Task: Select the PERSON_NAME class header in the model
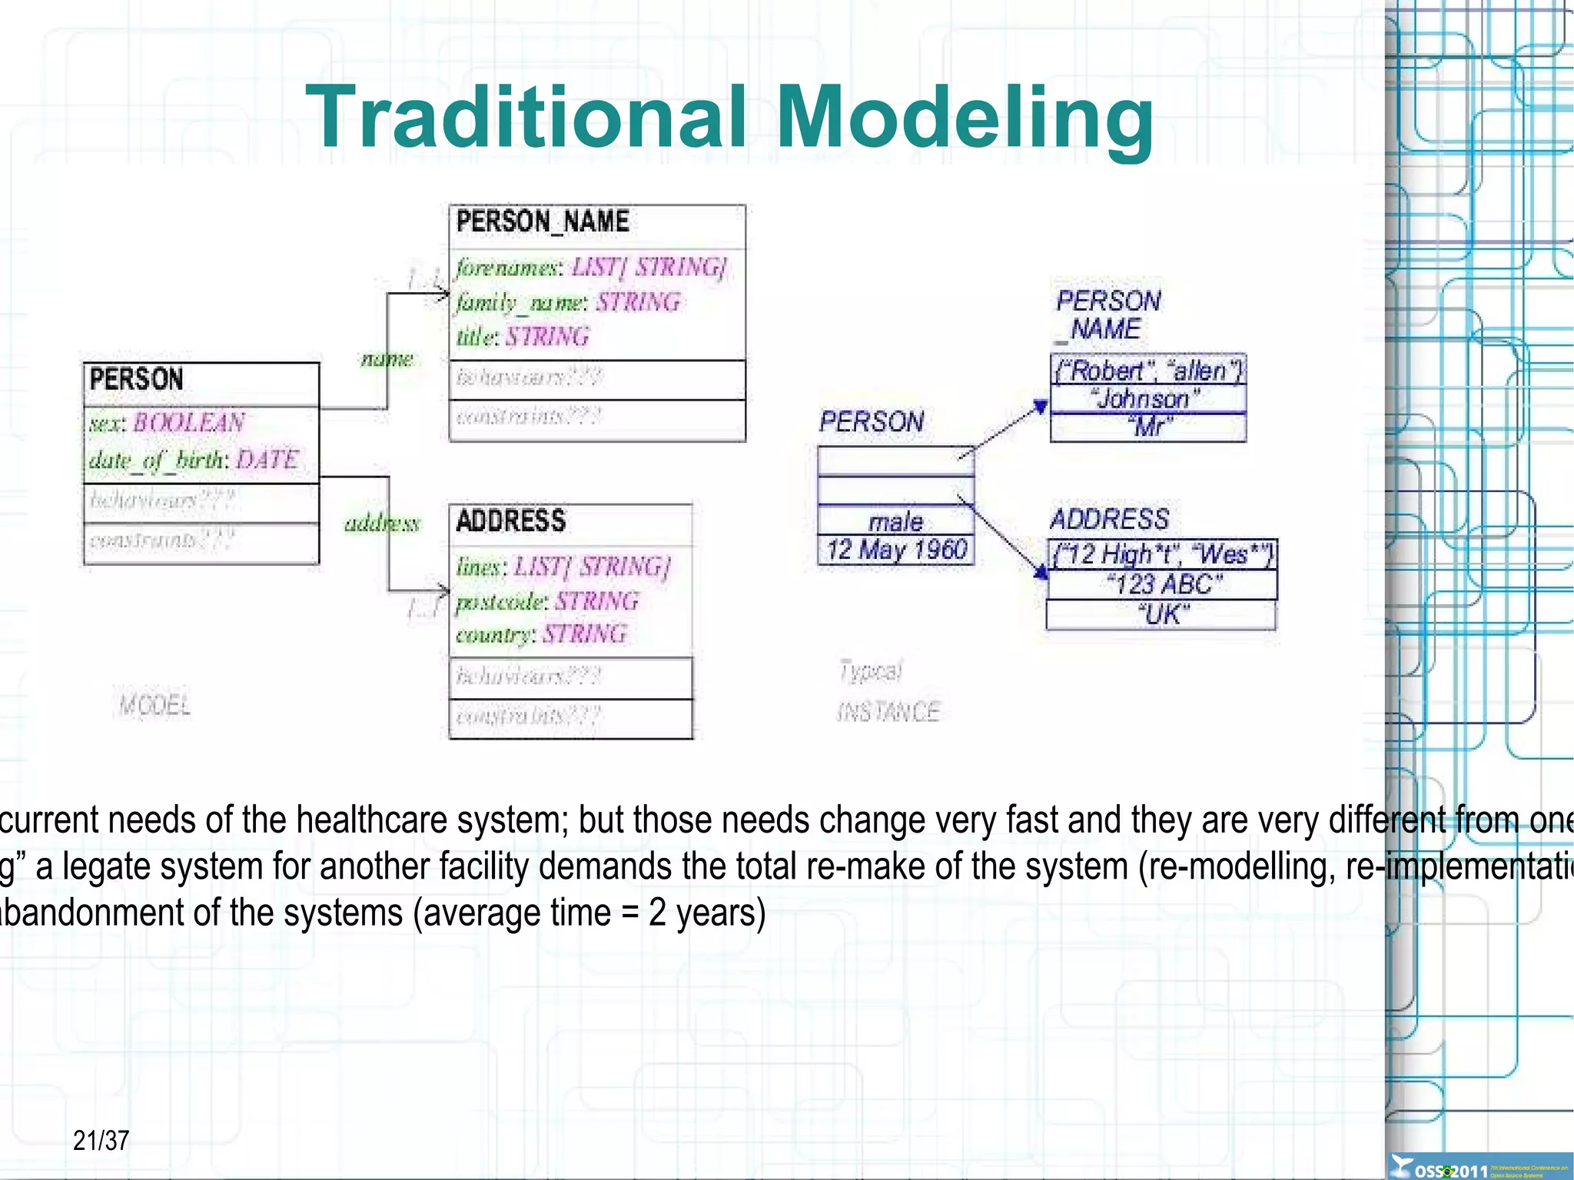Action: coord(543,222)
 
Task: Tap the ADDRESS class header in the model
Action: coord(511,521)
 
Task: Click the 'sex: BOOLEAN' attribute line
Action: coord(167,423)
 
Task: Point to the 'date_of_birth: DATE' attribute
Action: coord(193,460)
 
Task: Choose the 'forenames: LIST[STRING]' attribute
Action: coord(590,268)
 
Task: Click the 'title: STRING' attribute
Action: coord(523,337)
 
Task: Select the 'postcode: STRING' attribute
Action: coord(546,601)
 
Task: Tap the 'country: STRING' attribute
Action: coord(541,635)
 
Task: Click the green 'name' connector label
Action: coord(387,358)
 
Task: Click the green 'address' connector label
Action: coord(382,524)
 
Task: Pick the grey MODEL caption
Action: coord(154,705)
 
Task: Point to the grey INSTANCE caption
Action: coord(888,712)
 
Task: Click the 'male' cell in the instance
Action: coord(895,522)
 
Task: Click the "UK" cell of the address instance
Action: coord(1162,615)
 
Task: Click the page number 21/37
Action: coord(101,1140)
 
